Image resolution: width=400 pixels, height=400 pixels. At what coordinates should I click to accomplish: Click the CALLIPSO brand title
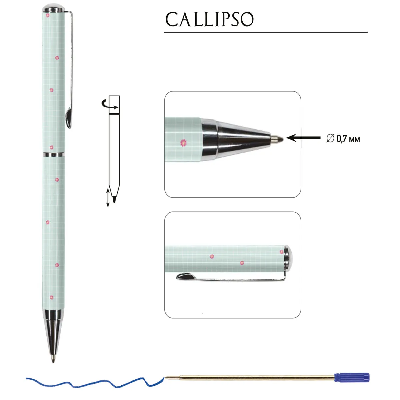(x=209, y=19)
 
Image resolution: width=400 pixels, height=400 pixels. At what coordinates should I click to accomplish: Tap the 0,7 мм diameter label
(x=348, y=139)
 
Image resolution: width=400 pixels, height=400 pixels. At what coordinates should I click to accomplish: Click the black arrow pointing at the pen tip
(x=303, y=138)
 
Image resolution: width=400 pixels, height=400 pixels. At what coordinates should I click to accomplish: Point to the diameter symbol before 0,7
(x=330, y=138)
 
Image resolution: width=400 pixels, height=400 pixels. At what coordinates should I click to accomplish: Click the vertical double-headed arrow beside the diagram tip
(x=108, y=198)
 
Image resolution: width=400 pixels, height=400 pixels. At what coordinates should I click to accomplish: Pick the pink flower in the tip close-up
(x=183, y=143)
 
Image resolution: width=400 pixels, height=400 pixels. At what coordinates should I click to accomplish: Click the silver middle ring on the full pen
(x=54, y=154)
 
